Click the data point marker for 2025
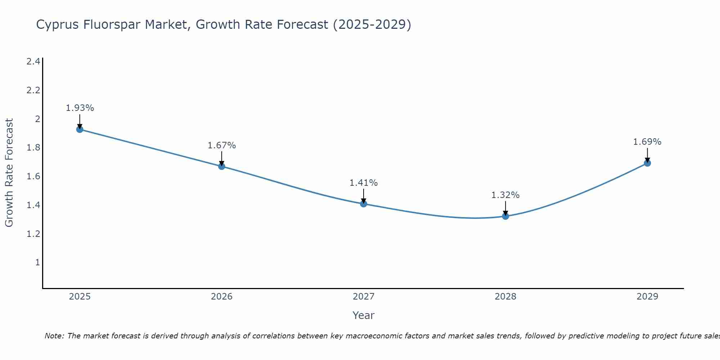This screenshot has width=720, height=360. [80, 129]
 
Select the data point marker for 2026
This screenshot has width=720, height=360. [222, 166]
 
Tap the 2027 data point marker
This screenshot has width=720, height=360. [364, 204]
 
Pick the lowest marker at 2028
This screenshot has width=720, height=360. [505, 216]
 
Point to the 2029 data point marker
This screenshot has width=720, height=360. [647, 163]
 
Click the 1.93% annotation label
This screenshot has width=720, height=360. [80, 108]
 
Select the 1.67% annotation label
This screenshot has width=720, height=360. [222, 145]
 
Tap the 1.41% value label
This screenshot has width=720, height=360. [364, 183]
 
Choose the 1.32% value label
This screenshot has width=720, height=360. [505, 195]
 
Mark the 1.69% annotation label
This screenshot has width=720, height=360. [647, 142]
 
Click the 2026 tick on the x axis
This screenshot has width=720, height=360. [222, 297]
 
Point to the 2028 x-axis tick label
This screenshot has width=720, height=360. [505, 297]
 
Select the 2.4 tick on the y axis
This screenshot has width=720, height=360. [33, 62]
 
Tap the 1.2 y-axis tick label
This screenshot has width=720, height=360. [33, 234]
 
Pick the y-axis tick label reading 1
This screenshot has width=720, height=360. [37, 262]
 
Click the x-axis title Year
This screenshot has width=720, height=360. [364, 315]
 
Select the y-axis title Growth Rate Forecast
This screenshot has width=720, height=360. [9, 173]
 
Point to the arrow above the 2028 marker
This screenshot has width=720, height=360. [505, 208]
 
